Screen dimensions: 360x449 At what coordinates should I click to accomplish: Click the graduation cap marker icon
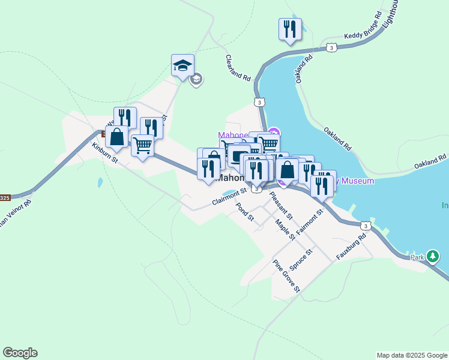tap(182, 65)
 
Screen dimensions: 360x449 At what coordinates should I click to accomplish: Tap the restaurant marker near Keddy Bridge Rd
tap(290, 29)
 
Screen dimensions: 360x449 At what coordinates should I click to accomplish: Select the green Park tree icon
tap(433, 257)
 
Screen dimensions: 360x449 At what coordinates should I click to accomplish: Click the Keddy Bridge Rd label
tap(363, 26)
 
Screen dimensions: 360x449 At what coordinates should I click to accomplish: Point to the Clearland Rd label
tap(238, 68)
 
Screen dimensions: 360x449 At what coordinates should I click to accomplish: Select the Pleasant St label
tap(280, 205)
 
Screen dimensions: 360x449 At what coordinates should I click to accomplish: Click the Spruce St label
tap(300, 259)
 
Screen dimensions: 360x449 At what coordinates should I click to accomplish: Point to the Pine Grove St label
tap(286, 276)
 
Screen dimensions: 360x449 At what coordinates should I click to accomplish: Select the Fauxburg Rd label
tap(351, 246)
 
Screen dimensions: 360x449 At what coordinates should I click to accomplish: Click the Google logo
tap(20, 353)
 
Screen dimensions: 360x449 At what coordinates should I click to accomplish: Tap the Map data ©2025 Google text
tap(412, 355)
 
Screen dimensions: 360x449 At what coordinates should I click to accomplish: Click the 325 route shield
tap(5, 197)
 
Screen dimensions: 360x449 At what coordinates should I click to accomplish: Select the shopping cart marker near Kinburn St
tap(142, 145)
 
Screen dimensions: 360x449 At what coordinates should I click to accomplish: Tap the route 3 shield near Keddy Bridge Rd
tap(331, 48)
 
